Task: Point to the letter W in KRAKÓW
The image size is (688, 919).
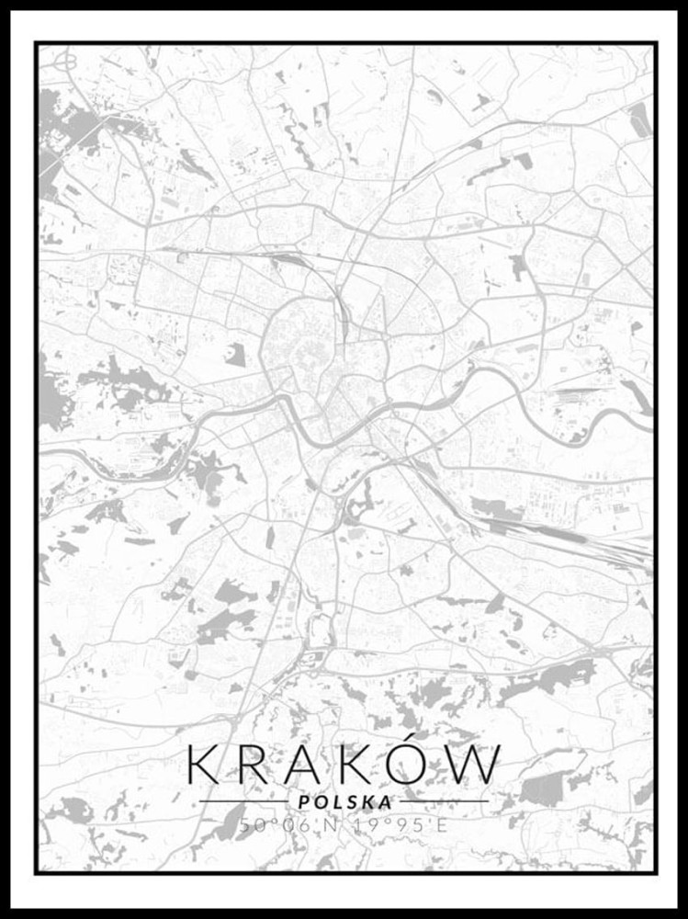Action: click(x=479, y=765)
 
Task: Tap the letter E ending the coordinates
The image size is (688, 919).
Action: click(x=442, y=824)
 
